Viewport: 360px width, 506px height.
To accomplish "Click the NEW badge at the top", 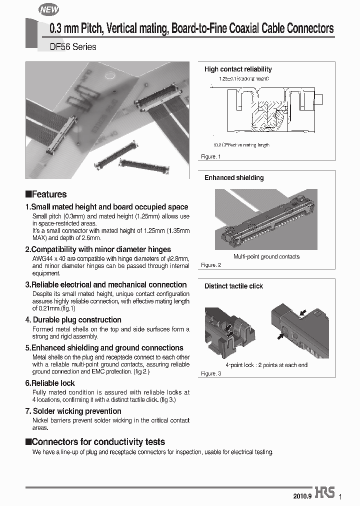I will click(x=48, y=9).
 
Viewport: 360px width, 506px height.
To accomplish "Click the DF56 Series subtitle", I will click(x=72, y=47).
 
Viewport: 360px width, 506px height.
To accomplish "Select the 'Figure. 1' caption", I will click(x=211, y=157).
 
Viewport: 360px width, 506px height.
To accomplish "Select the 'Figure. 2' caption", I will click(x=211, y=265).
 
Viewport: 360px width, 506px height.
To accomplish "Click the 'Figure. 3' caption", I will click(x=211, y=373).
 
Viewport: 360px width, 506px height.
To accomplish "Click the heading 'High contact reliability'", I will click(x=238, y=69).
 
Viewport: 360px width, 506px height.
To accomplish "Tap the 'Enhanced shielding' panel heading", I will click(x=234, y=177).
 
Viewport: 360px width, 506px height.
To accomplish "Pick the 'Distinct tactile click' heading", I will click(x=233, y=286).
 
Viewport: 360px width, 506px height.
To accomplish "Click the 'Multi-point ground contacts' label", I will click(x=266, y=256).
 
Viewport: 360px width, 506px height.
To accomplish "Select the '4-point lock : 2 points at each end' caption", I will click(x=266, y=365).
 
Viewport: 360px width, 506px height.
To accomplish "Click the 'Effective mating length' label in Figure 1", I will click(x=241, y=145).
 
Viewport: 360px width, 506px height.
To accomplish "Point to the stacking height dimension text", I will click(x=244, y=79).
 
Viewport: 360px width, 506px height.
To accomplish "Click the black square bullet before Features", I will click(x=28, y=194).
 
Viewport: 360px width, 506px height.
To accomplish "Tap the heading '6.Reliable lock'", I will click(x=50, y=383).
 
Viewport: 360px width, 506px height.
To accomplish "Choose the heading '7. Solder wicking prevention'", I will click(x=73, y=411).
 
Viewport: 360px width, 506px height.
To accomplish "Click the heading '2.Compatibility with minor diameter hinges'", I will click(x=98, y=249).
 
